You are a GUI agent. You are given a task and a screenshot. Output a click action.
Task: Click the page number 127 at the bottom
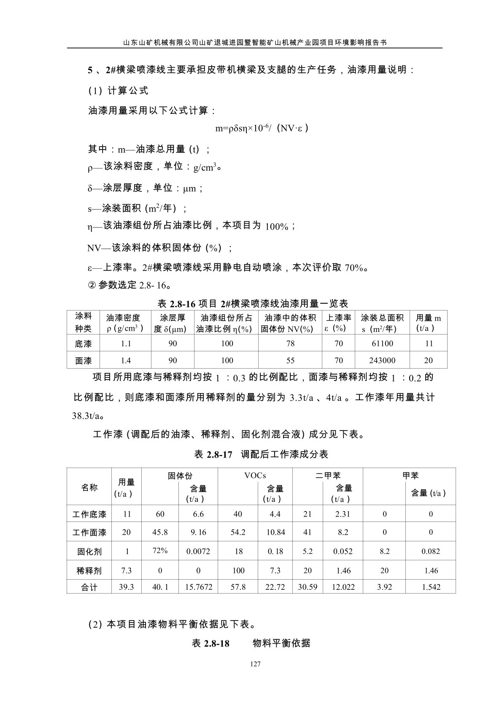click(255, 664)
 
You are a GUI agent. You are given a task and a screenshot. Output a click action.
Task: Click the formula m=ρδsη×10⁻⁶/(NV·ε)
click(262, 128)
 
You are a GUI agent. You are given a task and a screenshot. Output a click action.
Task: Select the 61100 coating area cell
click(382, 344)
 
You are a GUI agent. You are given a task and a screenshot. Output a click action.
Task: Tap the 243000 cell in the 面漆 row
click(382, 361)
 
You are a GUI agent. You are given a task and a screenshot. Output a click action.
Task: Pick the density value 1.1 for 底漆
click(126, 344)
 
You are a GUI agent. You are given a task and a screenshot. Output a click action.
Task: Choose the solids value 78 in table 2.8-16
click(290, 344)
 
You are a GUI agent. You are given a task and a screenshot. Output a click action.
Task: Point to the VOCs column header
click(255, 476)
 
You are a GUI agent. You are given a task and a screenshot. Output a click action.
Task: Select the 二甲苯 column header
click(328, 476)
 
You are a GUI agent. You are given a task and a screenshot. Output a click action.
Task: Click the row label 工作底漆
click(89, 514)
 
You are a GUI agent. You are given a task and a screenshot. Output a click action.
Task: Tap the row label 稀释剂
click(89, 571)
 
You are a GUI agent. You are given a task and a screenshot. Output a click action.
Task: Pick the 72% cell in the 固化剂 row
click(160, 551)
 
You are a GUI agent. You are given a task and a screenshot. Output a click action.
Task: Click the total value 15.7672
click(198, 587)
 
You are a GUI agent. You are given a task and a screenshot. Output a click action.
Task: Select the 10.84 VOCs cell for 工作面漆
click(275, 532)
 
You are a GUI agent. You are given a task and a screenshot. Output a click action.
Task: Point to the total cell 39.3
click(126, 587)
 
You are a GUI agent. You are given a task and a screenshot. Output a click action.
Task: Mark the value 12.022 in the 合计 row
click(343, 587)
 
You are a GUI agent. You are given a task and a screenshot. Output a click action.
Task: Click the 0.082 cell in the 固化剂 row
click(430, 551)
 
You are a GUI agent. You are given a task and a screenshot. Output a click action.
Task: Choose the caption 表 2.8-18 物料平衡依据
click(251, 643)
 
